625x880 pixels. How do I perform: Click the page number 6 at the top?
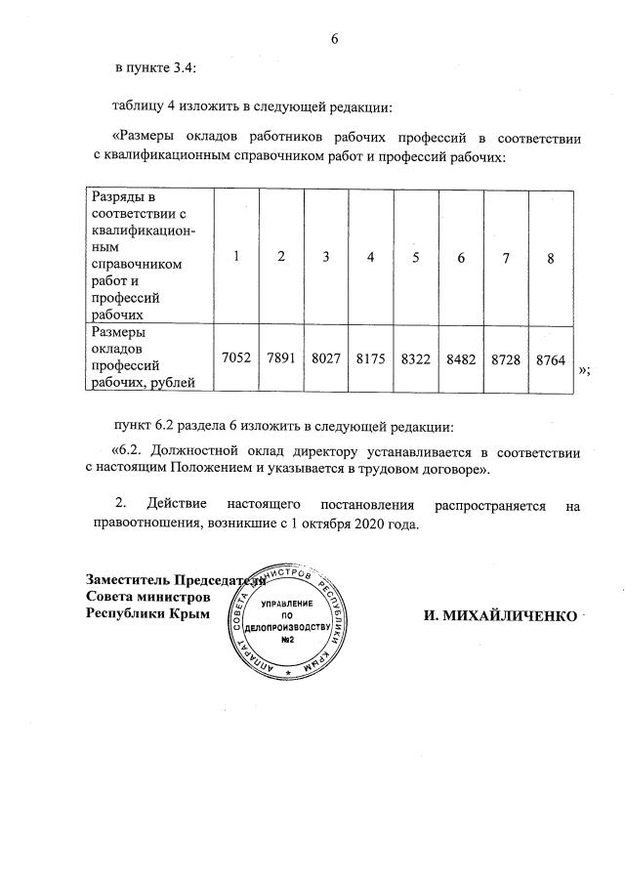(334, 39)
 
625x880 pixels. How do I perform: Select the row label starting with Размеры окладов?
(138, 356)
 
